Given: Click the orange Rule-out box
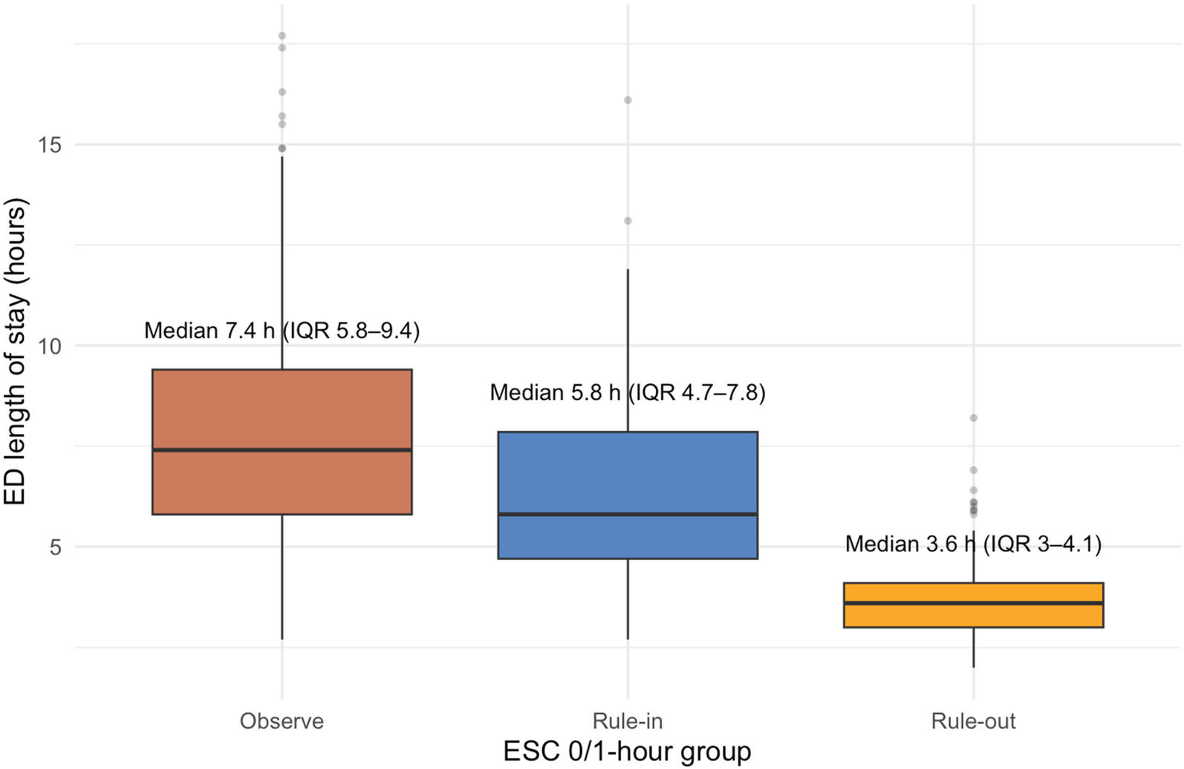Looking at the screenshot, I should coord(973,616).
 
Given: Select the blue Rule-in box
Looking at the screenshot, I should coord(628,476).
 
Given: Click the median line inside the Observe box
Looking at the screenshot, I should coord(282,450).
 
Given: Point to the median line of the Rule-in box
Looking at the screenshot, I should coord(628,513).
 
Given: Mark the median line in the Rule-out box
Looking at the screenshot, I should coord(973,603).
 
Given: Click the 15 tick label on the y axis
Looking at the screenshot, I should coord(50,144).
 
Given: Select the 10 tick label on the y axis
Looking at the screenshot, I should coord(50,345).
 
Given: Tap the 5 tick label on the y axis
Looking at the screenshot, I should coord(56,548).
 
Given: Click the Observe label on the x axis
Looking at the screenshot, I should coord(282,721).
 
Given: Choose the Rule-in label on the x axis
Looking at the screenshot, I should coord(628,721).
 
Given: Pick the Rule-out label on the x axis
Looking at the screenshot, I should coord(973,721).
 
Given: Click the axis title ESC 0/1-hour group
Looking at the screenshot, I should coord(627,751).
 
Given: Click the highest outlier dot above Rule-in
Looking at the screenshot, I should coord(628,100).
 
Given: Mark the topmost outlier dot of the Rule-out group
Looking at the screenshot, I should coord(973,418).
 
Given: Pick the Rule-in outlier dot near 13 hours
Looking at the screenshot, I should coord(628,221).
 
